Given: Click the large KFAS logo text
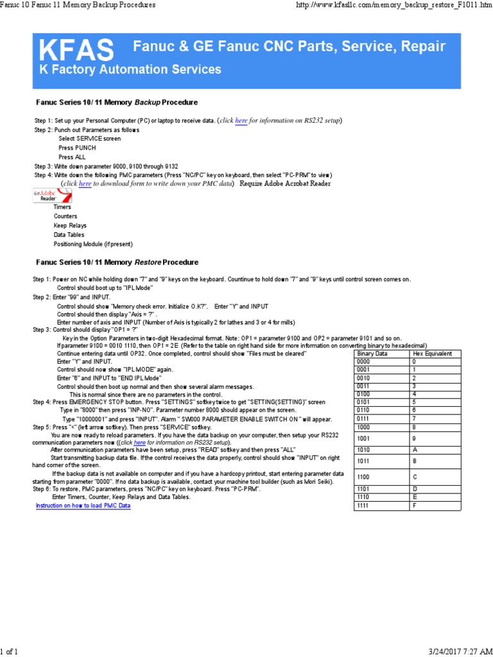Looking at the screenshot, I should (x=77, y=49).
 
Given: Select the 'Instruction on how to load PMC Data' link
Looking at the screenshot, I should (x=83, y=506).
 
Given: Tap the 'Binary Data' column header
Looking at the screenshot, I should (x=372, y=354).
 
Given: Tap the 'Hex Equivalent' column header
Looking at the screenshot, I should (x=432, y=354).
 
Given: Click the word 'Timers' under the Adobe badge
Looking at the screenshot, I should (x=62, y=207).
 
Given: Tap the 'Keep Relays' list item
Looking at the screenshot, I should (x=70, y=226).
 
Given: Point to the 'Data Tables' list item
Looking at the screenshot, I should (x=69, y=235).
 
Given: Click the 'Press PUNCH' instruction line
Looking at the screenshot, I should (x=77, y=148).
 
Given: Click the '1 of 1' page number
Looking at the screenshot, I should (x=9, y=652).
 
